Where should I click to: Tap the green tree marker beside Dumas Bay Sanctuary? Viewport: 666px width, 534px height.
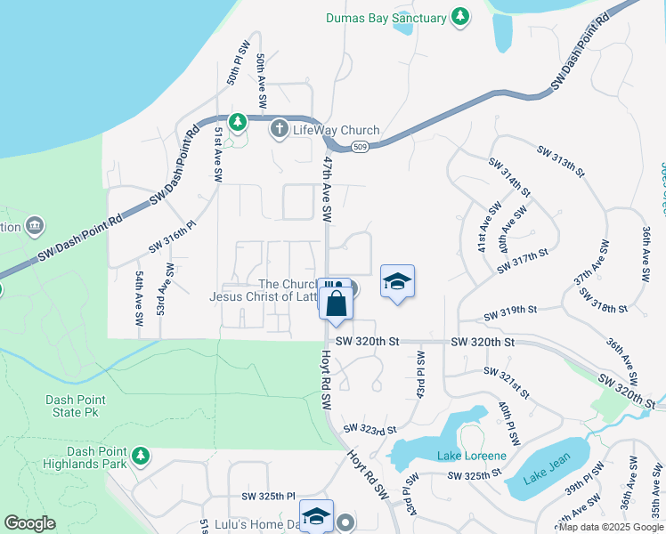(459, 17)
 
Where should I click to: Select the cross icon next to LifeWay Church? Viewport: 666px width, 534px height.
(279, 130)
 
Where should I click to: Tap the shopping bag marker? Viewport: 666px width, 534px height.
(337, 305)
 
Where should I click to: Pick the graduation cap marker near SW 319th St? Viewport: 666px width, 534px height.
(397, 282)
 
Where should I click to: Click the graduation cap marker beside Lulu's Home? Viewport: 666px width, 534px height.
(316, 517)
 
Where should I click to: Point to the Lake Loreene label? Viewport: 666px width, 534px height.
(471, 457)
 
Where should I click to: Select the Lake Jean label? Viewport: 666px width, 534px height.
(539, 477)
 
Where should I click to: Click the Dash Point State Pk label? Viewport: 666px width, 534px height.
(72, 406)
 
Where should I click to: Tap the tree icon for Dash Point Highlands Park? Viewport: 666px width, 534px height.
(140, 457)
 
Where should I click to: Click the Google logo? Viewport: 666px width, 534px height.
(29, 523)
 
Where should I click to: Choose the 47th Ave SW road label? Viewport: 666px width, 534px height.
(328, 190)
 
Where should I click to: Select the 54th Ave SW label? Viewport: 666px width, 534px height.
(139, 303)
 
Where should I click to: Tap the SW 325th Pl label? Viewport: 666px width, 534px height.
(267, 496)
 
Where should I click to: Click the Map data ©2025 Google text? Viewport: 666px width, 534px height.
(611, 527)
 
